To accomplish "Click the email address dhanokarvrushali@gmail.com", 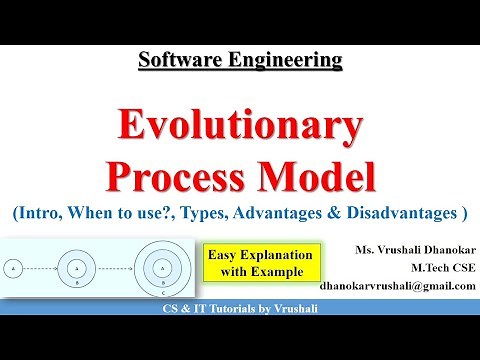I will [397, 284].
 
